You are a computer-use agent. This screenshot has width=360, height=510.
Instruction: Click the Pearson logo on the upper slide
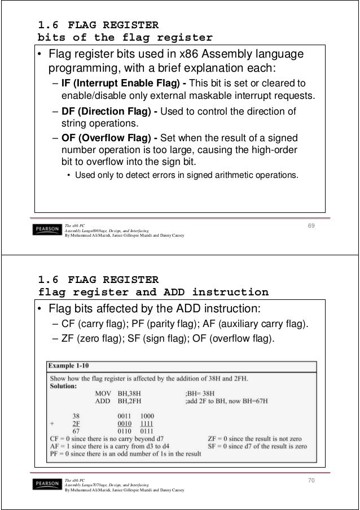[47, 230]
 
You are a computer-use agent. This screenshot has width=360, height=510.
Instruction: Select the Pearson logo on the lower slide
[47, 484]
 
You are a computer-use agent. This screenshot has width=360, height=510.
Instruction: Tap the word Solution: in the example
[66, 386]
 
